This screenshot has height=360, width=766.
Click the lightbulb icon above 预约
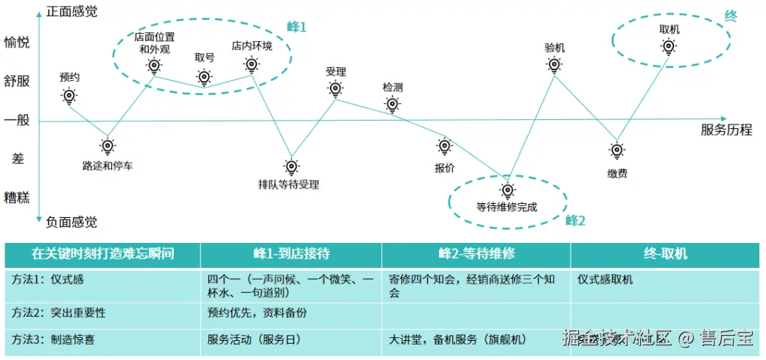pyautogui.click(x=69, y=96)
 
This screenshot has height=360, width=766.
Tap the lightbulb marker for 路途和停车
pyautogui.click(x=108, y=146)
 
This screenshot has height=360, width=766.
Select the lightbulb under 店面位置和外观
pyautogui.click(x=153, y=66)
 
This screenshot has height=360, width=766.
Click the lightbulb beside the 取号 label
pyautogui.click(x=204, y=77)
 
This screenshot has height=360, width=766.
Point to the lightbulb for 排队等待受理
pyautogui.click(x=291, y=166)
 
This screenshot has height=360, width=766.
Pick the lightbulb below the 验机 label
pyautogui.click(x=555, y=66)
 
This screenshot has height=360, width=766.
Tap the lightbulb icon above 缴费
pyautogui.click(x=617, y=151)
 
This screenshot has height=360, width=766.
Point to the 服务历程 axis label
pyautogui.click(x=726, y=130)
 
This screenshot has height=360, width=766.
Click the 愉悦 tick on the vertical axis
pyautogui.click(x=17, y=42)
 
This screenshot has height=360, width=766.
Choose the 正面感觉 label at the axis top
pyautogui.click(x=71, y=12)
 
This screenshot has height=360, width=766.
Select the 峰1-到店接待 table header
pyautogui.click(x=291, y=254)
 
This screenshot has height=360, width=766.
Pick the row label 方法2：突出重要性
pyautogui.click(x=59, y=313)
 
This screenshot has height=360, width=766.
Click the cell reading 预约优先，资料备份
pyautogui.click(x=257, y=313)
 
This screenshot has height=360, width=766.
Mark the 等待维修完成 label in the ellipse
pyautogui.click(x=507, y=207)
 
